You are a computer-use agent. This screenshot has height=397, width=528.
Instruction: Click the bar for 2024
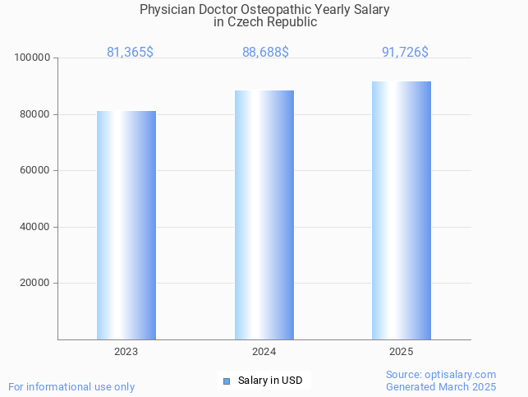click(264, 215)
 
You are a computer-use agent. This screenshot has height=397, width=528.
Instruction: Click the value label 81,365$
click(130, 52)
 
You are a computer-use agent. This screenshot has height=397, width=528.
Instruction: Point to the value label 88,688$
click(265, 52)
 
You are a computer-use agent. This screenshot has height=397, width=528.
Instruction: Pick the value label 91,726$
click(405, 52)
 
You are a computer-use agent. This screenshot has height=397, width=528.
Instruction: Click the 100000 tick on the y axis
click(33, 58)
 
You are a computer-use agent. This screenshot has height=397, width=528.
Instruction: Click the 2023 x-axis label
click(126, 352)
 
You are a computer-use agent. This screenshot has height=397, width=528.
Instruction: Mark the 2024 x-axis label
click(264, 352)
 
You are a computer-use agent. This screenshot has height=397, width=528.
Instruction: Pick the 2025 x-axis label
click(402, 352)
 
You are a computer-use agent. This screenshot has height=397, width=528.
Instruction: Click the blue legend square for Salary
click(227, 381)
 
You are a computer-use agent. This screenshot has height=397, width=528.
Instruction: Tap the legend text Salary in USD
click(270, 381)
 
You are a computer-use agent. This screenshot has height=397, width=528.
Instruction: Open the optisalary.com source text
click(441, 374)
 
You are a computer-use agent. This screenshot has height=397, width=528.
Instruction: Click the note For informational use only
click(71, 386)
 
